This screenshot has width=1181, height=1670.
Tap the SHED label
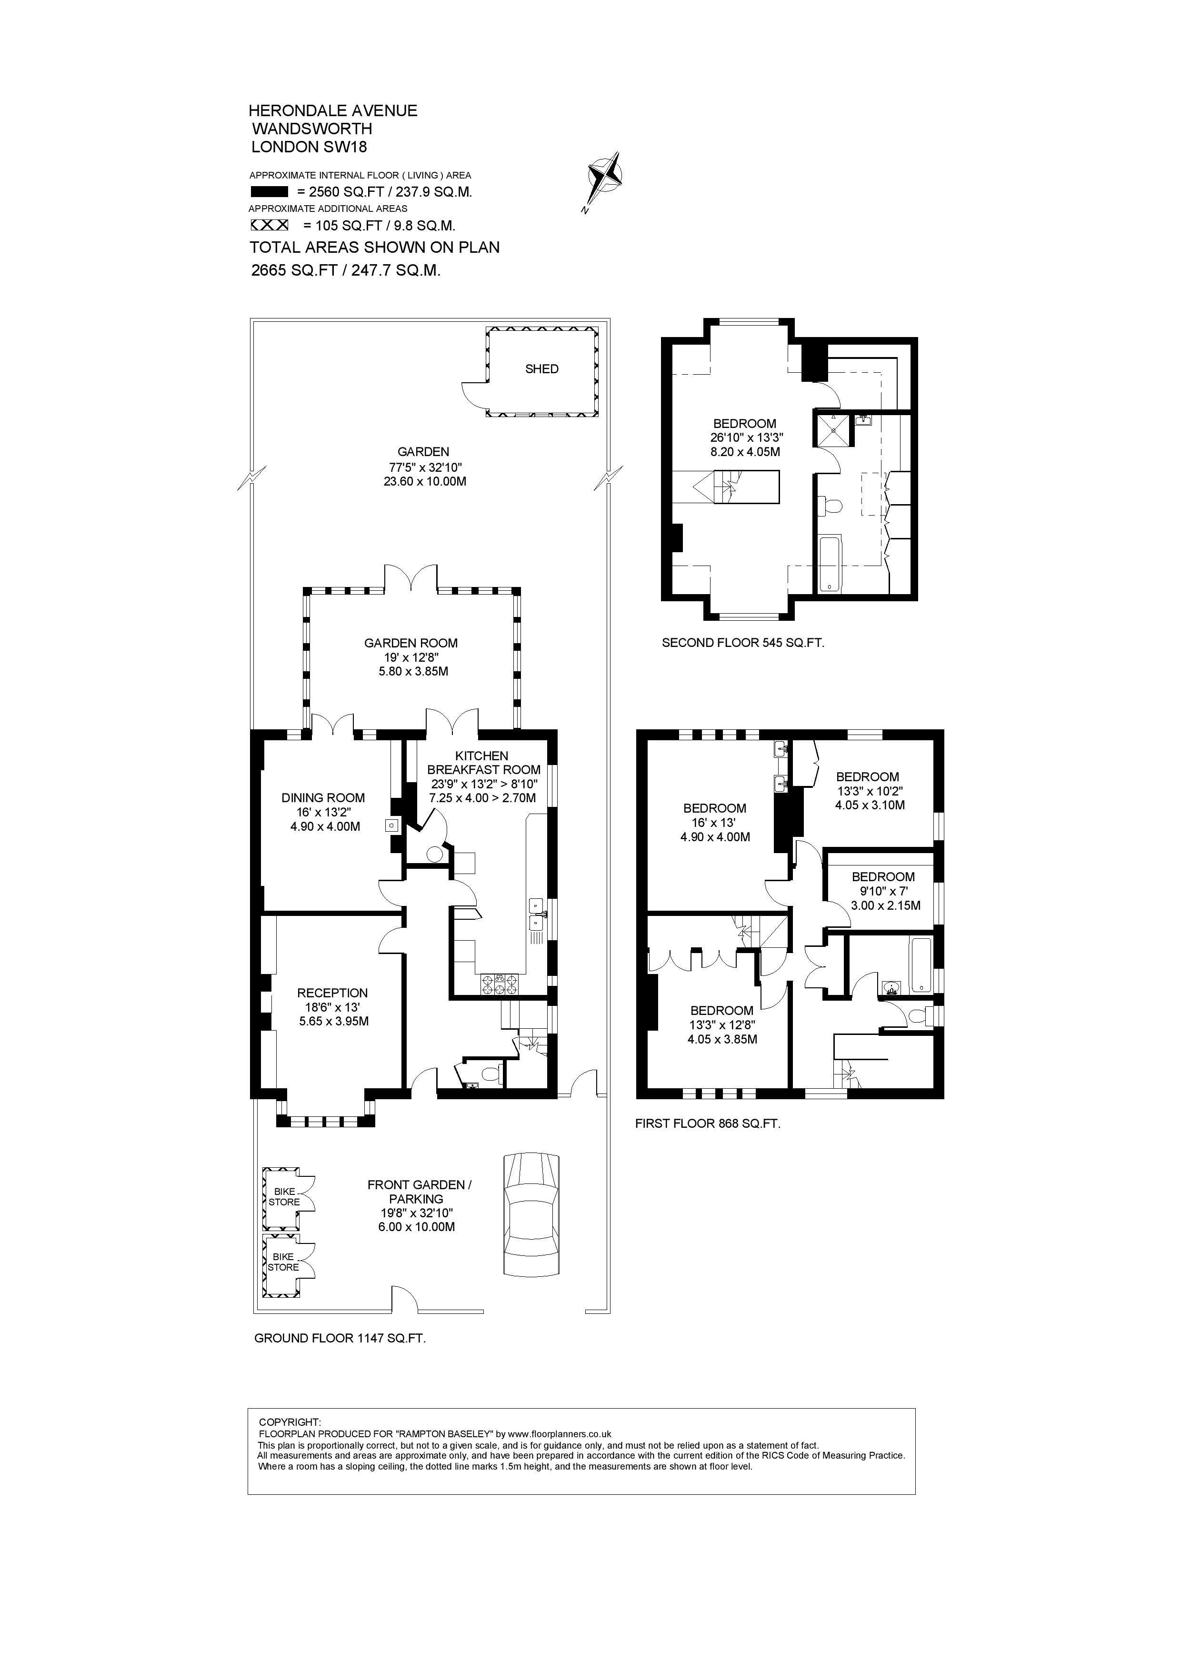[x=542, y=369]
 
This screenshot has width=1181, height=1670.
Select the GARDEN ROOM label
[x=411, y=643]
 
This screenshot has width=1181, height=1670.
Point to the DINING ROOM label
[x=323, y=798]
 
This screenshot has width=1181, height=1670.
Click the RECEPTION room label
[x=332, y=993]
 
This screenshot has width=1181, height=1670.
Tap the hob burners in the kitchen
[x=500, y=984]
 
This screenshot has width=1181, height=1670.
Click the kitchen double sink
[x=537, y=914]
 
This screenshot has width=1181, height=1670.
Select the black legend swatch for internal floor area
[x=269, y=192]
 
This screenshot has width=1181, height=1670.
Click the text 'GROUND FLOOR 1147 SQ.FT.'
[x=340, y=1338]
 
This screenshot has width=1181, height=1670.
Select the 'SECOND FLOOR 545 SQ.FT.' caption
[x=743, y=643]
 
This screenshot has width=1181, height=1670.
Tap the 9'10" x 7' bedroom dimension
[x=883, y=892]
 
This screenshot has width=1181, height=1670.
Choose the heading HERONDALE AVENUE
[x=333, y=110]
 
